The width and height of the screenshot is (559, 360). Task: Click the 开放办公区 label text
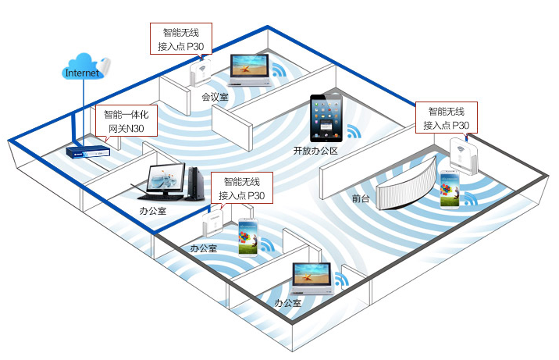coord(315,150)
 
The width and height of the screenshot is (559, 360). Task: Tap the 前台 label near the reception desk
coord(361,198)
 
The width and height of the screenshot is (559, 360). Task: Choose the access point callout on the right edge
coord(447,117)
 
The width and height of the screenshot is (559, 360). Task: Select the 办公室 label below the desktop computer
coord(153,210)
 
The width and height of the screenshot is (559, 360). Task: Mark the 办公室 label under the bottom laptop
coord(287,301)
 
